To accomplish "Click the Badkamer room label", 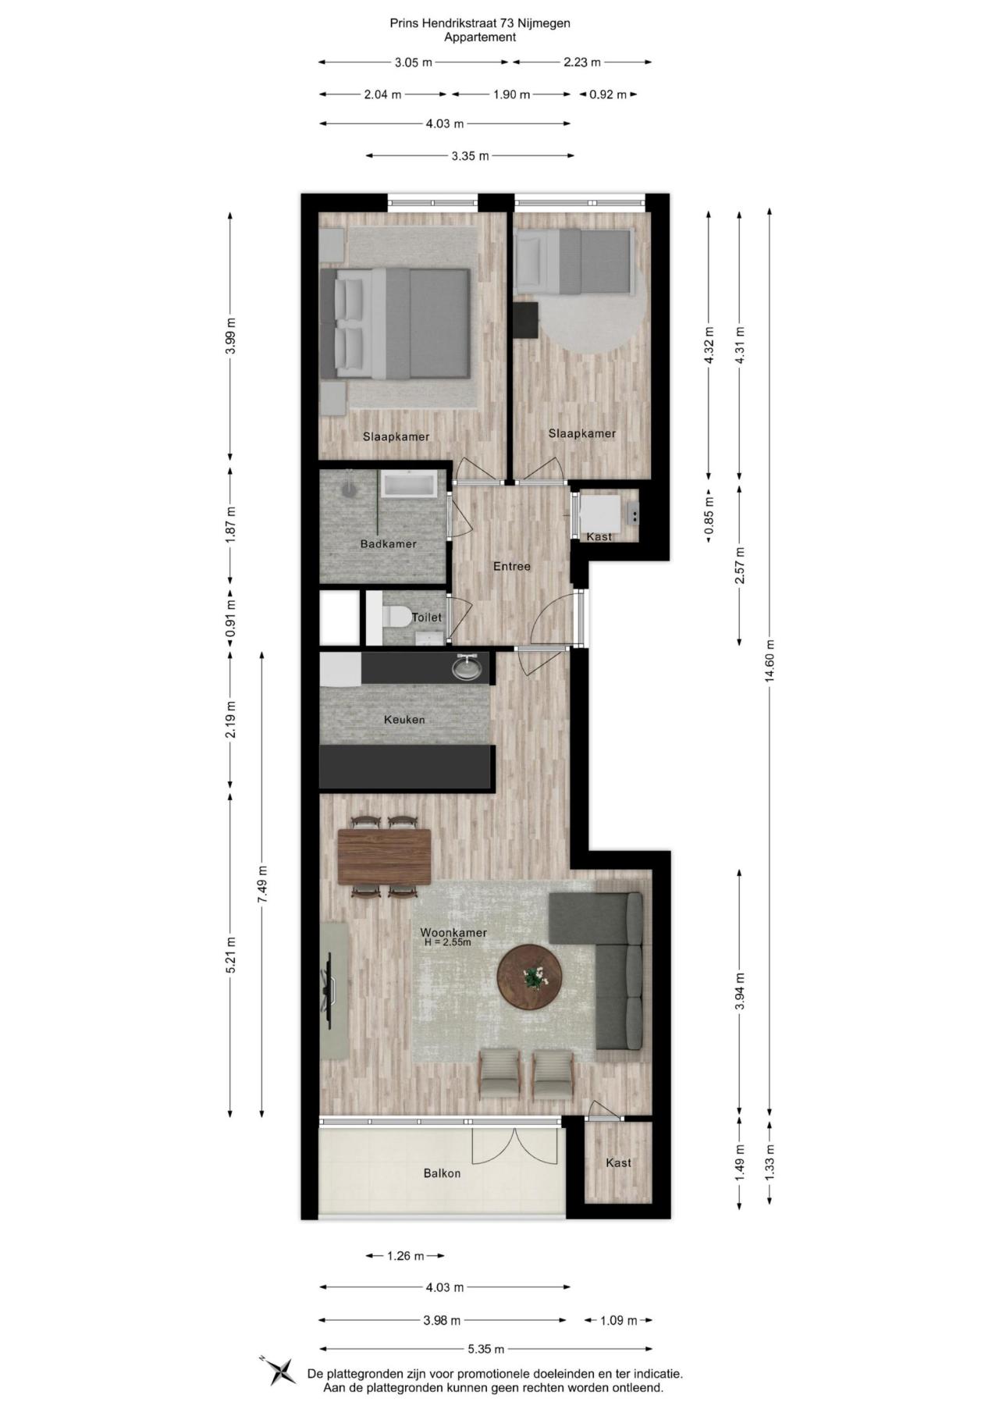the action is [x=388, y=544].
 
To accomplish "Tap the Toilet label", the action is [x=427, y=617].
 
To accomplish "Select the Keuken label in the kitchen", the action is [x=404, y=720].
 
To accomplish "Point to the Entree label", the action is [x=512, y=566].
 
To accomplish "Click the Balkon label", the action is [x=442, y=1173].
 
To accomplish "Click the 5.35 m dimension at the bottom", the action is [x=485, y=1348].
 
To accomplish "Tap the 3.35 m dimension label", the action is [x=471, y=156].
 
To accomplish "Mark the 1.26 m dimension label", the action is [x=406, y=1256].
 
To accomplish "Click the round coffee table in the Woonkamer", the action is [x=530, y=977].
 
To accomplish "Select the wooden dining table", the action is [x=385, y=856].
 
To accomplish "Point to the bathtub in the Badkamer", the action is [x=410, y=485].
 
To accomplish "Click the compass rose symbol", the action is [x=279, y=1370].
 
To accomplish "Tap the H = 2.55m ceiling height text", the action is [x=448, y=942].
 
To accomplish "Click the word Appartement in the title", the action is [x=480, y=37].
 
